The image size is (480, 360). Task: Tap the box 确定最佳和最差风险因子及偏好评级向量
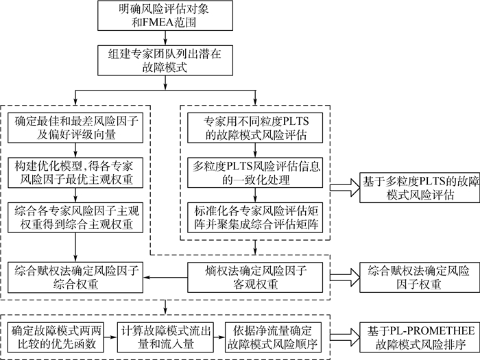pyautogui.click(x=77, y=128)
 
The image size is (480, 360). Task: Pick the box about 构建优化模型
pyautogui.click(x=77, y=172)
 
